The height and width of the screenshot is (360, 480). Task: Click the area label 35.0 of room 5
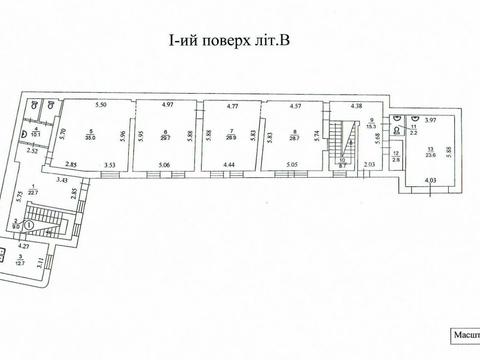coord(90,140)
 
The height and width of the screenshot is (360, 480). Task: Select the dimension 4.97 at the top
coord(167,105)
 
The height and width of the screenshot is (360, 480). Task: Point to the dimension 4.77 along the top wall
coord(232,105)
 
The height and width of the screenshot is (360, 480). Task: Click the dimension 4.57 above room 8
coord(297,105)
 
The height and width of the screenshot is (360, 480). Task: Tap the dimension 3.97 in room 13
coord(432,119)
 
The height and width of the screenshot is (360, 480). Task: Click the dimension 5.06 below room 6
coord(166,164)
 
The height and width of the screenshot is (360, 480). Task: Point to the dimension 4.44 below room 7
coord(229,164)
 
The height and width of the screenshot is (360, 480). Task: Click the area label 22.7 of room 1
coord(33,195)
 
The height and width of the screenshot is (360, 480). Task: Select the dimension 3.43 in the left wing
coord(62,180)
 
